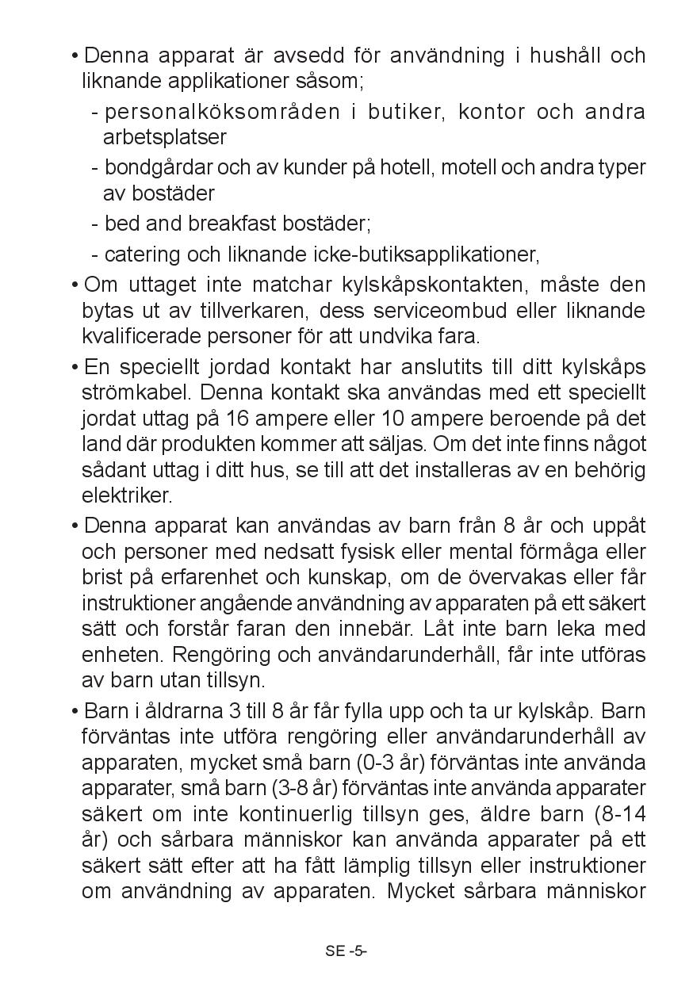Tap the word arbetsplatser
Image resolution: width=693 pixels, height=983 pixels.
(x=165, y=137)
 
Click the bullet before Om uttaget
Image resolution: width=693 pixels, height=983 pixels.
(x=75, y=285)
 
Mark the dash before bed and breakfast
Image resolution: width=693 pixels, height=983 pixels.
(x=95, y=224)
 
